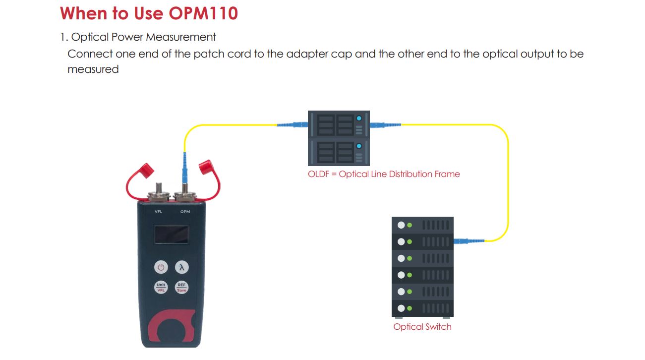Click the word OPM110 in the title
(x=203, y=13)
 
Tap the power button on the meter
(x=160, y=267)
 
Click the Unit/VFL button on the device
(x=161, y=287)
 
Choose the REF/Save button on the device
(x=182, y=287)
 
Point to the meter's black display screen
(x=171, y=235)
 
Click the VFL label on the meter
(x=158, y=212)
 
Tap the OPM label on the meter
(x=185, y=212)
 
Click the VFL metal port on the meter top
(x=159, y=195)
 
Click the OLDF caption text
(x=384, y=174)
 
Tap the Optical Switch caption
(x=422, y=327)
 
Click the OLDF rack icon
(x=339, y=138)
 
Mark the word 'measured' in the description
(x=93, y=69)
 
